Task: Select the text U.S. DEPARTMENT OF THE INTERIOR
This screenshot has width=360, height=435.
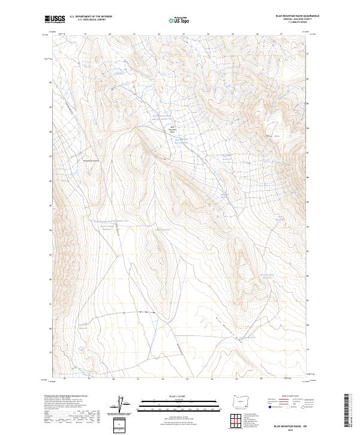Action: pos(91,17)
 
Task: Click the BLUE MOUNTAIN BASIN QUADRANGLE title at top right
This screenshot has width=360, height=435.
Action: pos(297,16)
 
